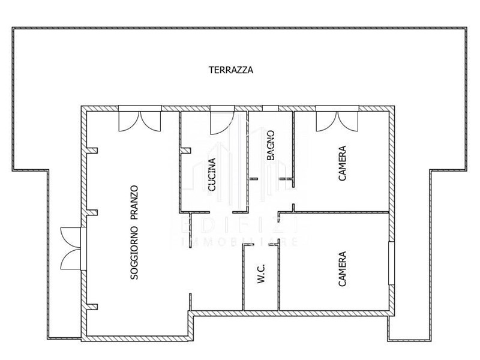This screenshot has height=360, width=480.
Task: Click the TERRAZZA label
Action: pyautogui.click(x=231, y=70)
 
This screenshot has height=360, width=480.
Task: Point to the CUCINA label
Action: pyautogui.click(x=212, y=175)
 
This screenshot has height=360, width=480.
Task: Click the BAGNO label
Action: pyautogui.click(x=271, y=145)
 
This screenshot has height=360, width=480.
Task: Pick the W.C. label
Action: pyautogui.click(x=261, y=274)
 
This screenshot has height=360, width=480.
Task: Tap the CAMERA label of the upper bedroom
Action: pyautogui.click(x=342, y=163)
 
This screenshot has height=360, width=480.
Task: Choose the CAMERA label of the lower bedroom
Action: pyautogui.click(x=342, y=269)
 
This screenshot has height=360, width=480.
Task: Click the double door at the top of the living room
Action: pyautogui.click(x=140, y=119)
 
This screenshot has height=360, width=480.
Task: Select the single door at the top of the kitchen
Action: pyautogui.click(x=222, y=120)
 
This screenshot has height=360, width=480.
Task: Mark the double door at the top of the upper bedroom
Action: pyautogui.click(x=337, y=119)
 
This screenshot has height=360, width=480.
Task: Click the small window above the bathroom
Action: pyautogui.click(x=271, y=108)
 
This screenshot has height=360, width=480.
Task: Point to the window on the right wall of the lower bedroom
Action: pyautogui.click(x=392, y=263)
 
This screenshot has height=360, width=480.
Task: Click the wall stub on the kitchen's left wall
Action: pyautogui.click(x=185, y=151)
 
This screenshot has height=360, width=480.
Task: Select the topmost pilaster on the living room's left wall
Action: pyautogui.click(x=92, y=151)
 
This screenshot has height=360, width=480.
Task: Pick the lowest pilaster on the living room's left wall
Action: pyautogui.click(x=92, y=307)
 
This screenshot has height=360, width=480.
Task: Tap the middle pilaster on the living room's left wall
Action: pyautogui.click(x=92, y=213)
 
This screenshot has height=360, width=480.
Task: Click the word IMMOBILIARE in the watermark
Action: pyautogui.click(x=239, y=242)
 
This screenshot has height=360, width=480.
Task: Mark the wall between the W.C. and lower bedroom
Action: pyautogui.click(x=278, y=275)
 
